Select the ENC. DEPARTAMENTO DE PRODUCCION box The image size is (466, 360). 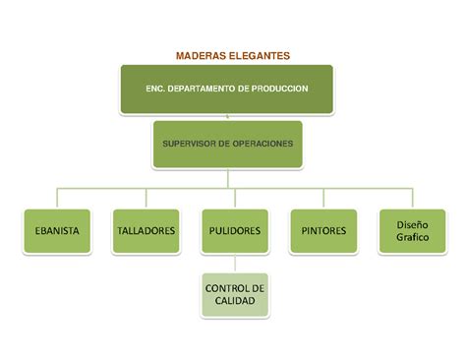(x=227, y=90)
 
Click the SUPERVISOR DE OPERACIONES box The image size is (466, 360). (x=228, y=145)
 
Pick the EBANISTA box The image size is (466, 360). (x=57, y=231)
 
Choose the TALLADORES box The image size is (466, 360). (x=146, y=231)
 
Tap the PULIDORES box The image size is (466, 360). (x=235, y=231)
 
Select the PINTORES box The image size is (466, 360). (x=323, y=231)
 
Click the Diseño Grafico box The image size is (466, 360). (x=413, y=231)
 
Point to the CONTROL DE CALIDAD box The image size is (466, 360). (x=235, y=295)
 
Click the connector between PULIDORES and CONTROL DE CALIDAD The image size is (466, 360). (x=235, y=264)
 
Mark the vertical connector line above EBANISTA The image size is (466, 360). (x=57, y=198)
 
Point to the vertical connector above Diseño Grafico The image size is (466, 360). (x=413, y=198)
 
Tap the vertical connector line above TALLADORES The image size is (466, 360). (x=146, y=198)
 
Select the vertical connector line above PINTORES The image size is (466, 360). (x=323, y=198)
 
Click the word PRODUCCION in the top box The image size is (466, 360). (x=279, y=89)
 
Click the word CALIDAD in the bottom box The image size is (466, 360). (x=235, y=301)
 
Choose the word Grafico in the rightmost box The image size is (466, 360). (x=413, y=237)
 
